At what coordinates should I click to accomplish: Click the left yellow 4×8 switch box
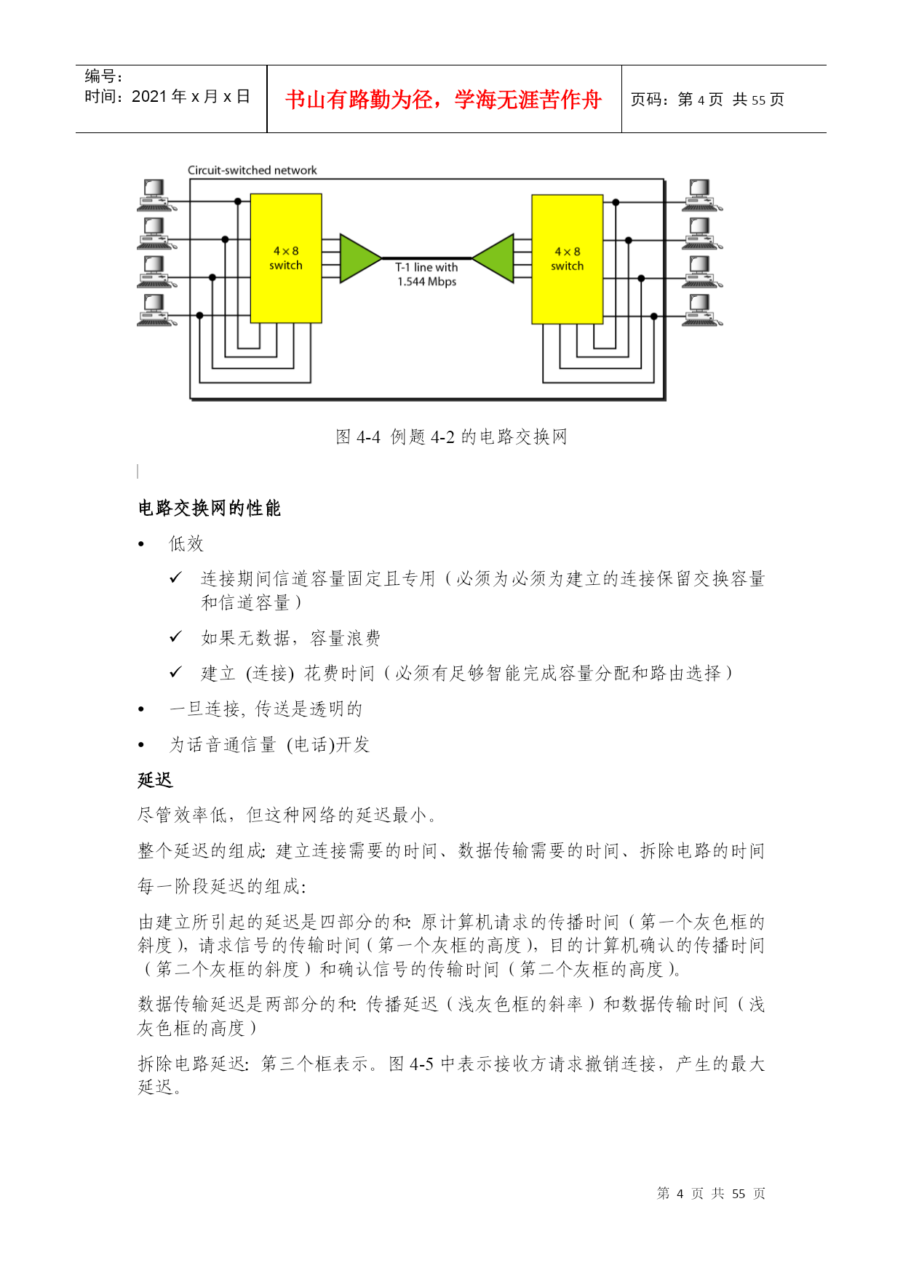tap(286, 258)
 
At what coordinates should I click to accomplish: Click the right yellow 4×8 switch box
tap(568, 259)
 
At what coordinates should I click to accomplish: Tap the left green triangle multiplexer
tap(361, 258)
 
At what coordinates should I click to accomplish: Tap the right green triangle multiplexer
tap(493, 258)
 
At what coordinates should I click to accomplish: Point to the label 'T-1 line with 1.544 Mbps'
tap(426, 274)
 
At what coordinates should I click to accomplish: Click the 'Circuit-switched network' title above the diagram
tap(252, 170)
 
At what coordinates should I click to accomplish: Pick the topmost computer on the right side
tap(701, 196)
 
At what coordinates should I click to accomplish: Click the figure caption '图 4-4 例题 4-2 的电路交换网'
tap(451, 436)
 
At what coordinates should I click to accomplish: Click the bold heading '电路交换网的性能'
tap(210, 508)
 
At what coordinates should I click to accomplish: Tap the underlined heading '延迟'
tap(155, 780)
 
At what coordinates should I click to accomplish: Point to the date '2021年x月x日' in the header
tap(191, 97)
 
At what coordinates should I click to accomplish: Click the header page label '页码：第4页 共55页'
tap(707, 100)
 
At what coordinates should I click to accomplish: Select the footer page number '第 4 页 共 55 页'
tap(711, 1194)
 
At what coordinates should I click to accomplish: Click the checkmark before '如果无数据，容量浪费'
tap(175, 637)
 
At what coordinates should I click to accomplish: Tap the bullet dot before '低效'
tap(142, 544)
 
